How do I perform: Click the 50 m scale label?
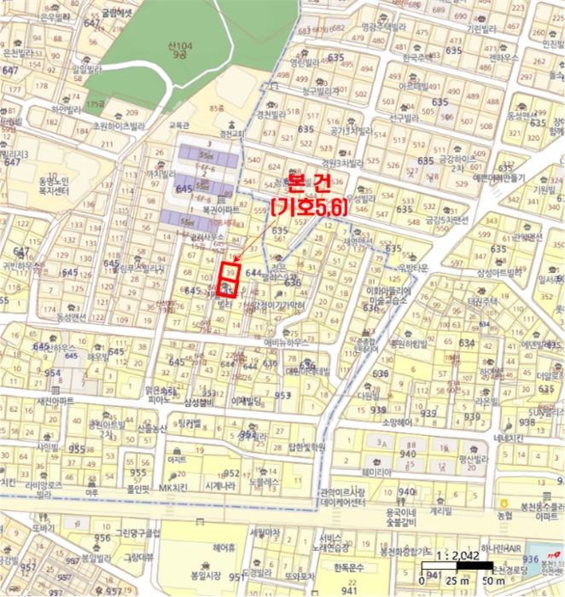(492, 580)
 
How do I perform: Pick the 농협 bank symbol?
(504, 505)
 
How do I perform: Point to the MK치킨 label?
(172, 488)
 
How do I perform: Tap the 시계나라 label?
(219, 486)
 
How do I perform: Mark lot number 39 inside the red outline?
(230, 270)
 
